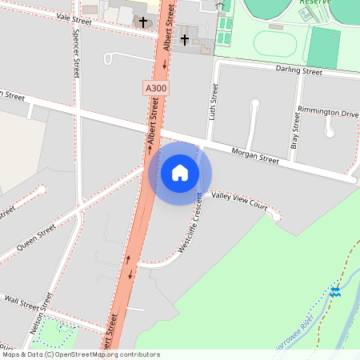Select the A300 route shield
(157, 86)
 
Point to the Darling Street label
(298, 71)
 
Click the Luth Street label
(213, 102)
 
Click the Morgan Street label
(254, 155)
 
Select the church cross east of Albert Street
(185, 38)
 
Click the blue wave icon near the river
(334, 292)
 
